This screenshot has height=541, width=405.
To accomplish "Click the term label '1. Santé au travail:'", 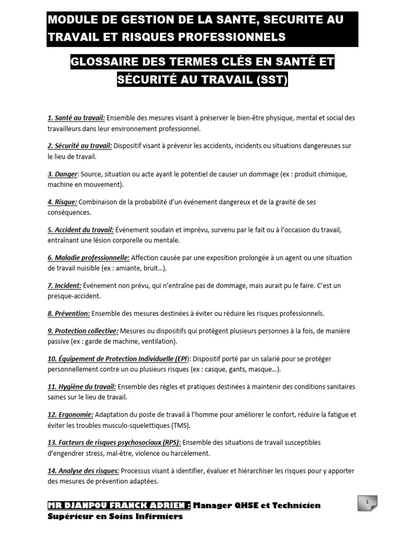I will coord(76,118).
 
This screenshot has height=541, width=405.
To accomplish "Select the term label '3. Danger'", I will coord(63,174).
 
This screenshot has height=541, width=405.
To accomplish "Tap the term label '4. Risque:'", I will coord(62,202).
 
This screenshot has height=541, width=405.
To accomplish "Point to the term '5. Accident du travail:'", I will coord(81,230).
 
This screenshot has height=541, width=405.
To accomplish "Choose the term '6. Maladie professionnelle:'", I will coord(89,258).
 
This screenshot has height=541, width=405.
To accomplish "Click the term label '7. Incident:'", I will coord(64,286).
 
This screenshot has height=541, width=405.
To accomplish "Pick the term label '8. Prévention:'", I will coord(69,313).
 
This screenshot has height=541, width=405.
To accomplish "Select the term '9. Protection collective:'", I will coord(83,331).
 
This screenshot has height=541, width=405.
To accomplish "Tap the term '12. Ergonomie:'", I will coord(70,415).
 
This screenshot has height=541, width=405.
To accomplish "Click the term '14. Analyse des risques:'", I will coord(83,471).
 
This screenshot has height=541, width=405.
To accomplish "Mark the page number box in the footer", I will coord(367,502).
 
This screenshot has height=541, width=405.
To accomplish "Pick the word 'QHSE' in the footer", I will coord(246,506).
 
